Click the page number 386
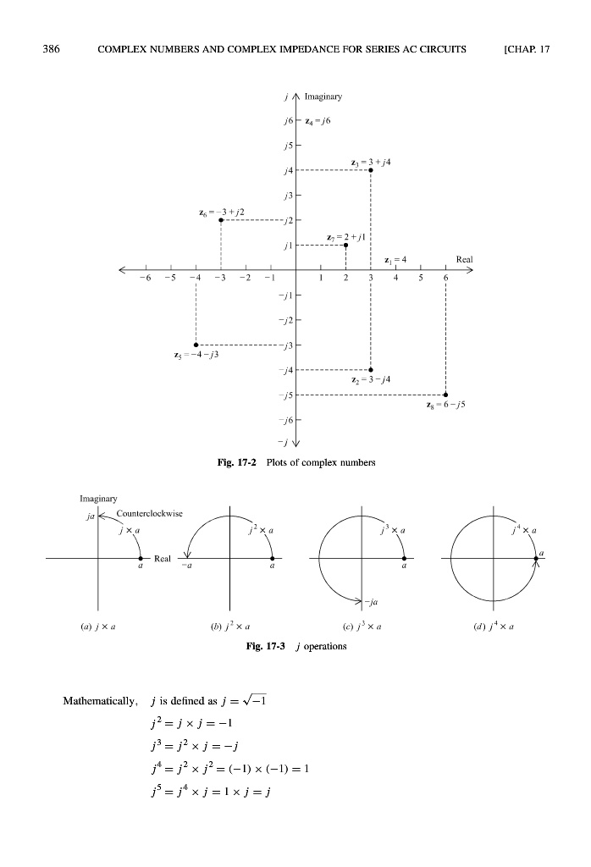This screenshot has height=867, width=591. [x=51, y=49]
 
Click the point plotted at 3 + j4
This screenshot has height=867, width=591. [x=370, y=170]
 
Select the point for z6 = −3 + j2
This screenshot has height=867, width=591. [x=221, y=220]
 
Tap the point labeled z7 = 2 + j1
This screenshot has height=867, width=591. [x=345, y=245]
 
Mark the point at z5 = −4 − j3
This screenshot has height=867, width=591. [x=196, y=345]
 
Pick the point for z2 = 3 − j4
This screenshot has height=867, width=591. [x=370, y=369]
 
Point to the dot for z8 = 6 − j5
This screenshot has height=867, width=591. [x=445, y=395]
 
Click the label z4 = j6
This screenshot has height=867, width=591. [x=318, y=121]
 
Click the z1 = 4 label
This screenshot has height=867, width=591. [x=395, y=259]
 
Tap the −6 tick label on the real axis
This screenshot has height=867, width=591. [x=145, y=278]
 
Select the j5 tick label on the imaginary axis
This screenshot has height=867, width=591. [x=288, y=146]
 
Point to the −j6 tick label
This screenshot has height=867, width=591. [x=286, y=420]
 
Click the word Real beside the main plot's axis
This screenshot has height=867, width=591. [x=464, y=259]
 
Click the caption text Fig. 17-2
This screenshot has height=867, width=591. [x=236, y=463]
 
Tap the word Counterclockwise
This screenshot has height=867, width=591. [x=149, y=514]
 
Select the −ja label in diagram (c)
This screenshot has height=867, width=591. [x=371, y=602]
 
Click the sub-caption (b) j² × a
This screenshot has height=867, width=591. [x=230, y=627]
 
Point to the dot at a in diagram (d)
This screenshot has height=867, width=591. [x=536, y=559]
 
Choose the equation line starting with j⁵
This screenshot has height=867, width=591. [x=211, y=792]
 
